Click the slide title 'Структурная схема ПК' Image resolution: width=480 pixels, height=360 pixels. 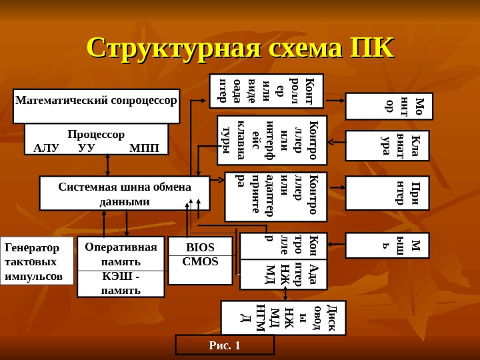(x=240, y=48)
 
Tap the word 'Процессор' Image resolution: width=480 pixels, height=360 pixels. (x=96, y=135)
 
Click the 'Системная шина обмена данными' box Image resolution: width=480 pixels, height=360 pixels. (x=125, y=193)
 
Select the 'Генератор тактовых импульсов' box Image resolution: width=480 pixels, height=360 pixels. (x=36, y=261)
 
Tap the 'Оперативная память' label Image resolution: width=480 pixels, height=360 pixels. (x=121, y=253)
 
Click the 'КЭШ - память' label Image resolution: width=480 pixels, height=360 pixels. (x=121, y=283)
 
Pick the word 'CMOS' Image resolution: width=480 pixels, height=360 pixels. (x=200, y=261)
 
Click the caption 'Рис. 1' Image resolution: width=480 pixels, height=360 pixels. (x=225, y=345)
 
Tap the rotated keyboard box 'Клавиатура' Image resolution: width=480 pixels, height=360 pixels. (x=389, y=146)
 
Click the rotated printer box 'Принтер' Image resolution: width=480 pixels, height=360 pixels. (x=389, y=193)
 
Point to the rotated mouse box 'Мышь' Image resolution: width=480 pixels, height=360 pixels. (x=389, y=245)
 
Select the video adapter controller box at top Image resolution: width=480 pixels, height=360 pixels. (x=267, y=91)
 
